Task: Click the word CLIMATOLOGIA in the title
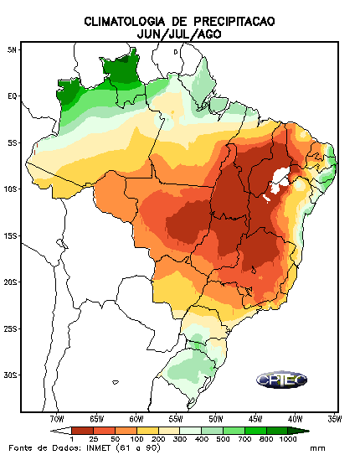(x=125, y=22)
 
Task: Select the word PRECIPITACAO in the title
(x=234, y=22)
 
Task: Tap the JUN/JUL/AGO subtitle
(x=179, y=34)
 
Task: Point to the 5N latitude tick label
(x=13, y=50)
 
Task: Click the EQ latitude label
(x=13, y=96)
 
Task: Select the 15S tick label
(x=10, y=236)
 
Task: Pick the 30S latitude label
(x=10, y=375)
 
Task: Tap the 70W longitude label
(x=57, y=419)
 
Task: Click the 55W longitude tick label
(x=176, y=419)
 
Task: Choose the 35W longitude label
(x=335, y=419)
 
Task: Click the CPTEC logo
(x=282, y=380)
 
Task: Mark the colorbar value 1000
(x=287, y=439)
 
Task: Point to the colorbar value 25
(x=93, y=439)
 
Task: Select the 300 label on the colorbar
(x=180, y=439)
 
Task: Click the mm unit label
(x=317, y=448)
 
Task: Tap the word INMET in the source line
(x=99, y=447)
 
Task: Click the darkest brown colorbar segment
(x=82, y=431)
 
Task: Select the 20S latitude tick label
(x=10, y=282)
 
